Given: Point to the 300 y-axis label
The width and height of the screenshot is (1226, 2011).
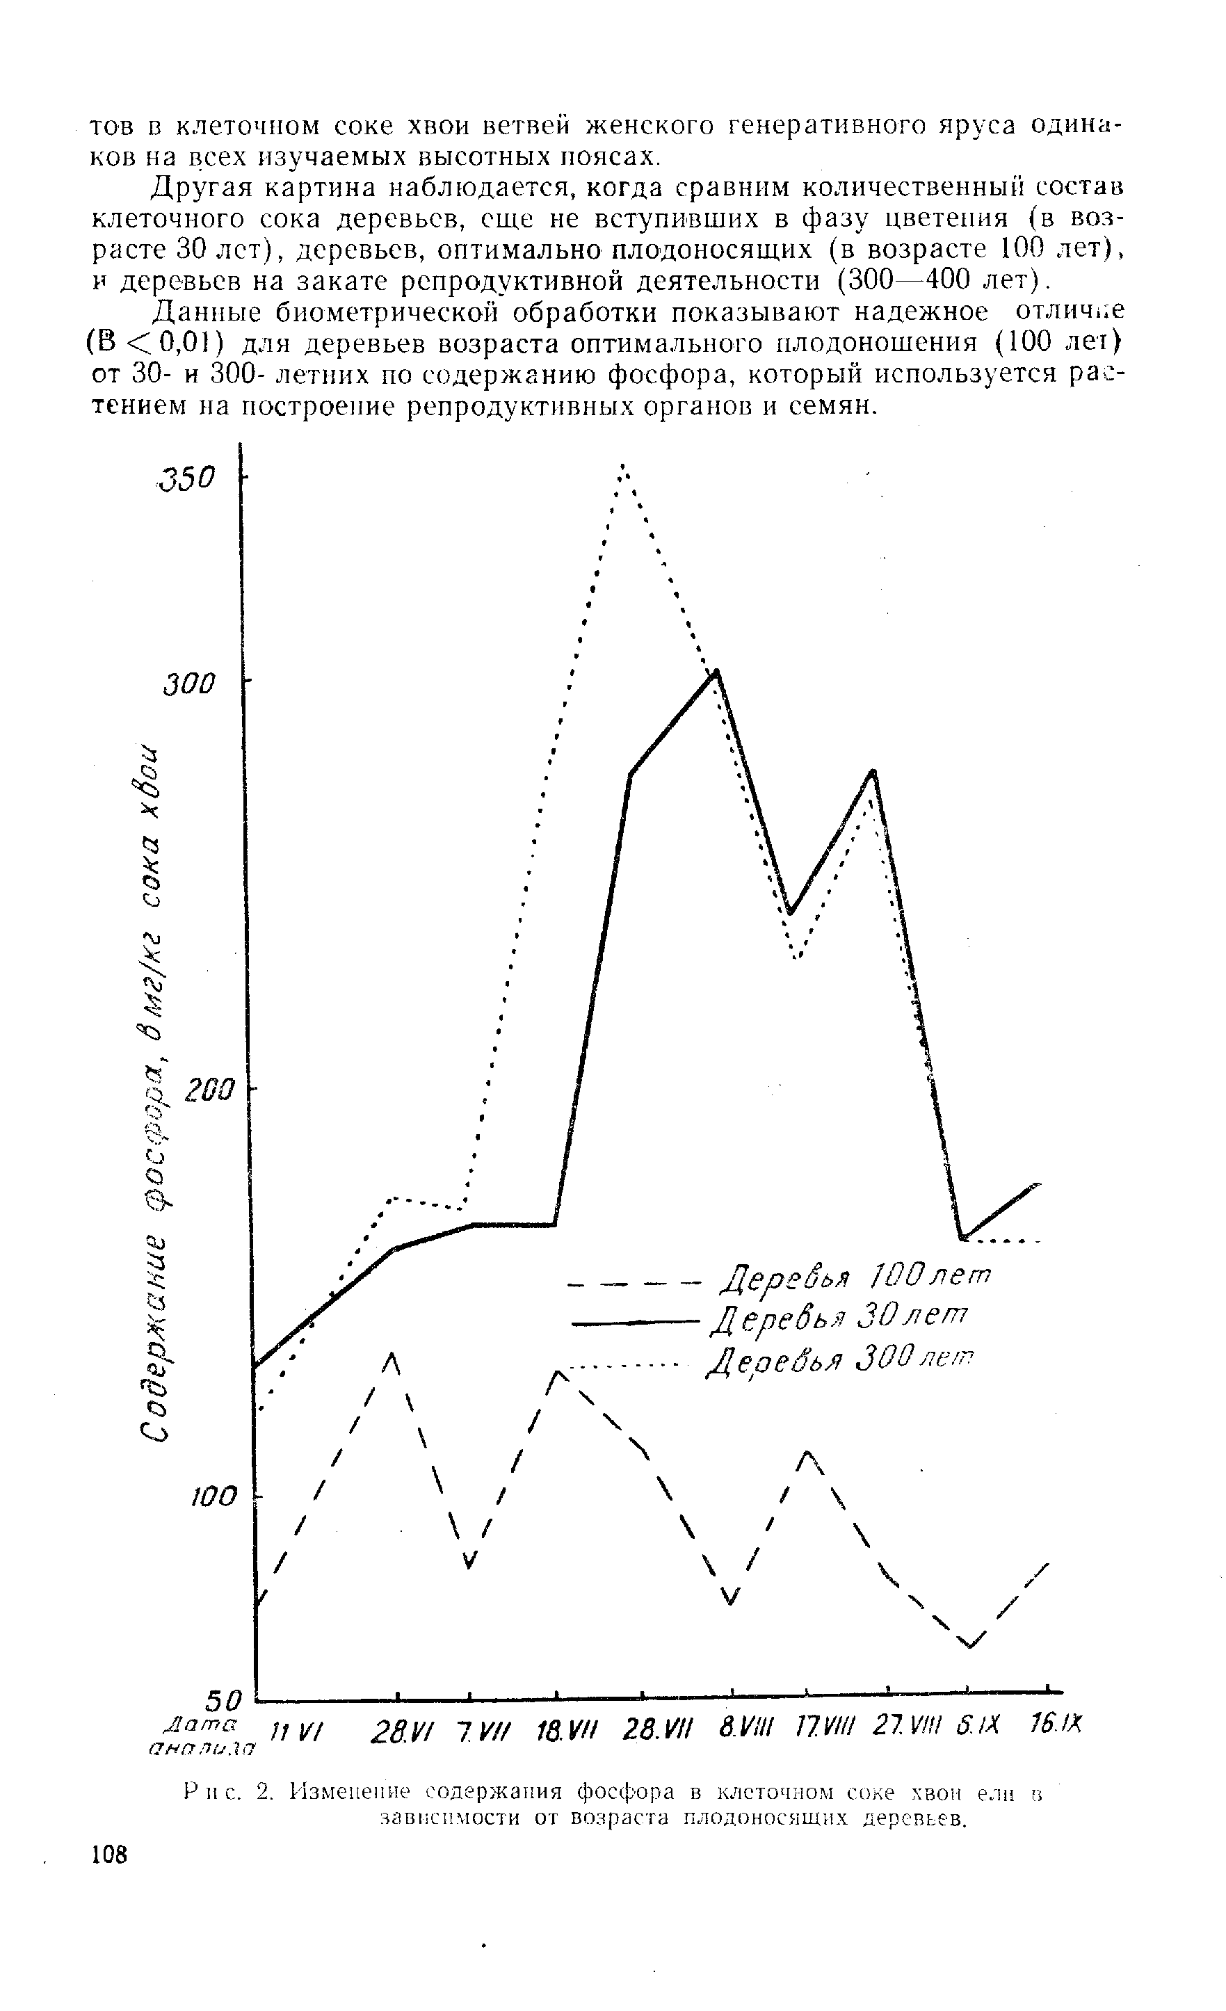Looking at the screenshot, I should tap(188, 684).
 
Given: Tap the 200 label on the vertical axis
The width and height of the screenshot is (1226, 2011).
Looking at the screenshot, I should tap(208, 1090).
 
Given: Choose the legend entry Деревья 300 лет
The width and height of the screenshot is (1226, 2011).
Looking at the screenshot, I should tap(841, 1359).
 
